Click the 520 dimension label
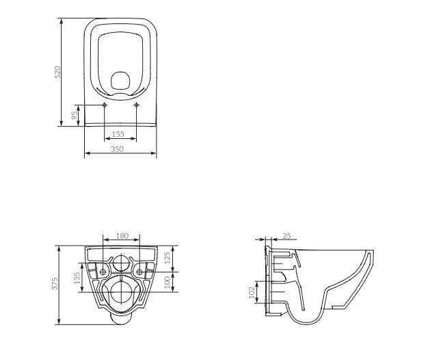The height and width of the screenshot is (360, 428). (57, 72)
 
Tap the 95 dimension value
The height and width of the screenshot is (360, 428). (75, 115)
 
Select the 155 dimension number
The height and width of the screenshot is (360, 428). (118, 134)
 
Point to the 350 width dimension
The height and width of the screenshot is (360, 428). (117, 149)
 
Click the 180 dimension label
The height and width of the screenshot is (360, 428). (122, 235)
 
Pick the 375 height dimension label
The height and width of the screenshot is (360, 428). (55, 283)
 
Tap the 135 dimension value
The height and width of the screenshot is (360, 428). (77, 278)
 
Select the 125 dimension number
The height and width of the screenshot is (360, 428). (168, 257)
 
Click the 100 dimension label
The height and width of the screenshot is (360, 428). (168, 282)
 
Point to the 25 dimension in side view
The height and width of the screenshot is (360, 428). (286, 235)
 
